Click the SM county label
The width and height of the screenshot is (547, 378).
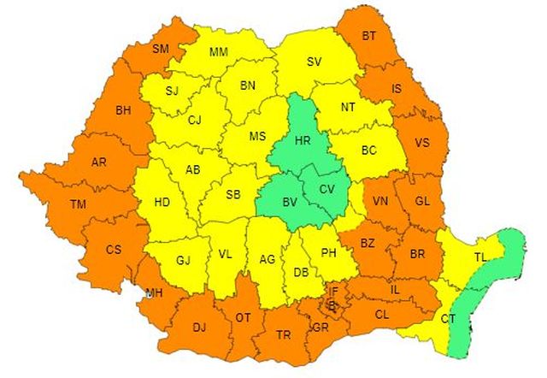pos(161,49)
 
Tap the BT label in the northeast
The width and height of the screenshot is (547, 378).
pos(369,37)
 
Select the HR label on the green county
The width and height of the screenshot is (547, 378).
pos(302,139)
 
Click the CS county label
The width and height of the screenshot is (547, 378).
pos(114,250)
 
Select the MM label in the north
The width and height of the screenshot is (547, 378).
pos(219,53)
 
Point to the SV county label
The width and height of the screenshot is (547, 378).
pos(315,62)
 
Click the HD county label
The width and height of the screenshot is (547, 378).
pos(162,203)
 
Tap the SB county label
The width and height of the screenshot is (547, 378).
pos(233,194)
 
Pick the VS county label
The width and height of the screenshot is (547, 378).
pos(421,143)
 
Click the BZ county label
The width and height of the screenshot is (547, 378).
pos(368,244)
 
